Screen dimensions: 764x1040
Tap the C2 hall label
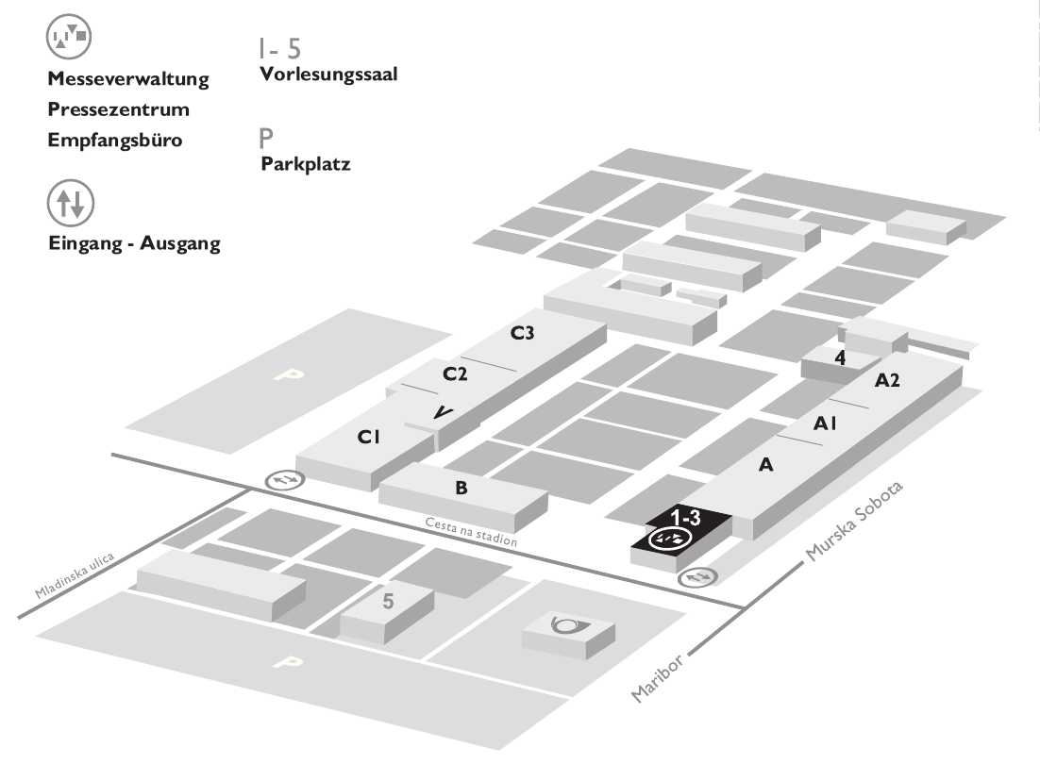click(x=456, y=374)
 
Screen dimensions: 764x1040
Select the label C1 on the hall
click(x=368, y=437)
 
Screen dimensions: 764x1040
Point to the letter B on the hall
click(x=461, y=488)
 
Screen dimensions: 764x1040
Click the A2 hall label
click(x=888, y=380)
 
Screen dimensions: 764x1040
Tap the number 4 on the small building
click(x=839, y=357)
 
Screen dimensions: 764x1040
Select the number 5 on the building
click(x=387, y=600)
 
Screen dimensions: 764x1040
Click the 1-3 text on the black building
click(x=684, y=518)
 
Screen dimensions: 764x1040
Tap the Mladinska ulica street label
click(x=75, y=577)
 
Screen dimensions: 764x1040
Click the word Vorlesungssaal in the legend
click(x=328, y=75)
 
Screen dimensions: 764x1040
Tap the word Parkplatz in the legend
click(x=305, y=164)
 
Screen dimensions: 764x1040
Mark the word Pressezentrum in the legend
click(x=118, y=108)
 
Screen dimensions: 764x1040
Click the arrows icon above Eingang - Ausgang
click(x=70, y=202)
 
